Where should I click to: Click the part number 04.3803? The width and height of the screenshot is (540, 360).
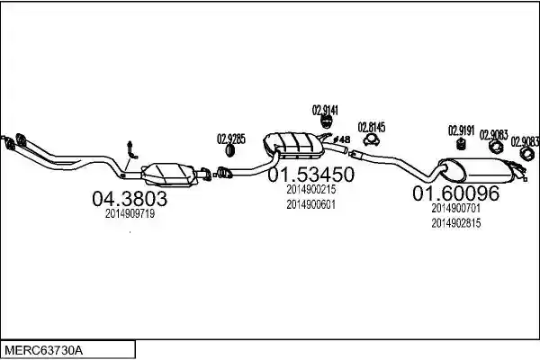pyautogui.click(x=130, y=199)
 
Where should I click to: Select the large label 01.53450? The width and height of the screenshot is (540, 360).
pyautogui.click(x=311, y=175)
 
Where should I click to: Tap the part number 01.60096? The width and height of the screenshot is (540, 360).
pyautogui.click(x=456, y=193)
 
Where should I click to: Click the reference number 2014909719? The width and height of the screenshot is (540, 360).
pyautogui.click(x=130, y=214)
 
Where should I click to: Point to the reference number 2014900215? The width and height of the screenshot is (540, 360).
pyautogui.click(x=311, y=190)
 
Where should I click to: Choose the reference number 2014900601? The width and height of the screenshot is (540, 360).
pyautogui.click(x=311, y=204)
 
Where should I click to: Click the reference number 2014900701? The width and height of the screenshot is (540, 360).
pyautogui.click(x=456, y=208)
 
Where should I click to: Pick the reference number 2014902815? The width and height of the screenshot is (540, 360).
pyautogui.click(x=456, y=223)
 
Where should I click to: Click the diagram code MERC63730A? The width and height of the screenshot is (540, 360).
pyautogui.click(x=44, y=351)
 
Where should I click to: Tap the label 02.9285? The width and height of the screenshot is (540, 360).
pyautogui.click(x=231, y=139)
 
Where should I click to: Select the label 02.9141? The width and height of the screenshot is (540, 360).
pyautogui.click(x=325, y=110)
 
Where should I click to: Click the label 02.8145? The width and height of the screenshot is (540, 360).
pyautogui.click(x=372, y=128)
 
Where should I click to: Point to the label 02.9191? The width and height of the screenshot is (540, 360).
pyautogui.click(x=461, y=130)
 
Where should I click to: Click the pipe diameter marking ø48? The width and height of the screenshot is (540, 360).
pyautogui.click(x=342, y=139)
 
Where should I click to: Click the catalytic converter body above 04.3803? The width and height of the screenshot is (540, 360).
pyautogui.click(x=169, y=175)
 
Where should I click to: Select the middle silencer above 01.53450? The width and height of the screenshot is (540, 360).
pyautogui.click(x=293, y=145)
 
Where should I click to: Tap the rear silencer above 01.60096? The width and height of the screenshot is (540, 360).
pyautogui.click(x=477, y=170)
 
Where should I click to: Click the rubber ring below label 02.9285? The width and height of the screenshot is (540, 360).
pyautogui.click(x=230, y=150)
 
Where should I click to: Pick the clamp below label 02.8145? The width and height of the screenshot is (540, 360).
pyautogui.click(x=372, y=140)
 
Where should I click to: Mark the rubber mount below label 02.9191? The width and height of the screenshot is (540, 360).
pyautogui.click(x=461, y=144)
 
